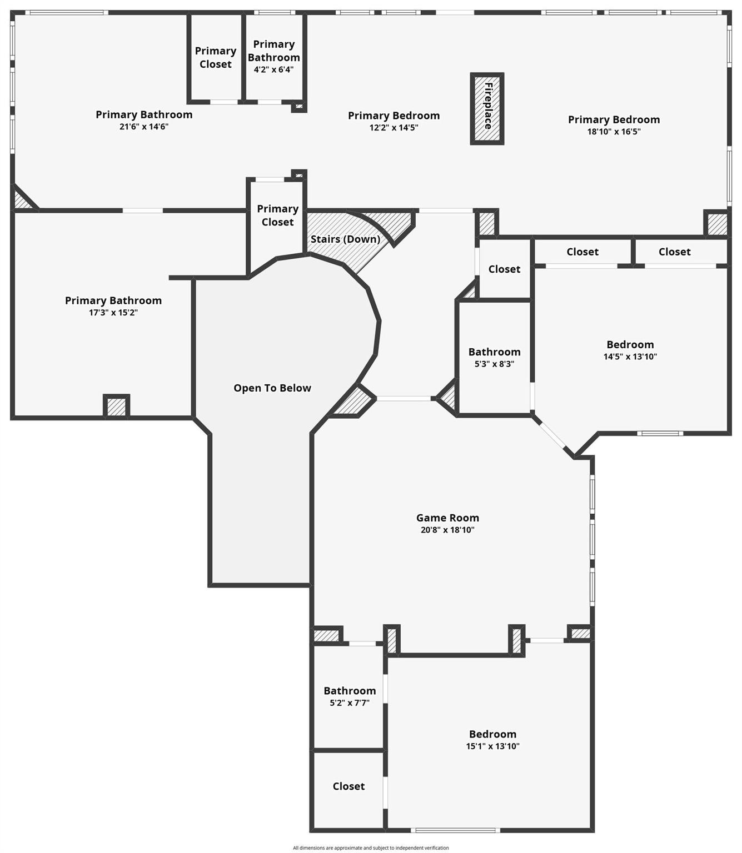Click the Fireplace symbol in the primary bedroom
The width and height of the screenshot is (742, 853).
487,108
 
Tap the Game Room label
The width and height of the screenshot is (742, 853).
447,518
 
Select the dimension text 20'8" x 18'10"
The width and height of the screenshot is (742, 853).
447,530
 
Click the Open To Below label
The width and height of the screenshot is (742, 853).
272,388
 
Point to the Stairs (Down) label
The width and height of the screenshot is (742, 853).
345,239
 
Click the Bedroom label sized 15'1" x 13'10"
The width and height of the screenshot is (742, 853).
492,734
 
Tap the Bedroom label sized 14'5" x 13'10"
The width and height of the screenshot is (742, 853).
630,344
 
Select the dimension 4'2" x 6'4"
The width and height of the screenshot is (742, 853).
273,69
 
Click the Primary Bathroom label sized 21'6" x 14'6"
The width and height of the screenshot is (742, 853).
144,114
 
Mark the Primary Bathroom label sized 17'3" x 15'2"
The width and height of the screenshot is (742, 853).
113,300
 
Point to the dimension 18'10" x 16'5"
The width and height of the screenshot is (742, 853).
614,132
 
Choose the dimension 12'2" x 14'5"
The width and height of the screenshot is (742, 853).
394,127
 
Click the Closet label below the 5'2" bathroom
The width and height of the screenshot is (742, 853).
348,786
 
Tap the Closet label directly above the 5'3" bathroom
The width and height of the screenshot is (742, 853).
504,269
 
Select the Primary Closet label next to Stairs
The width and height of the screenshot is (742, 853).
277,215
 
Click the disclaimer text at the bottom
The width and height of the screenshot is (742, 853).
371,847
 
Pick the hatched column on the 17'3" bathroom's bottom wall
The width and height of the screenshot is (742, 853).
116,407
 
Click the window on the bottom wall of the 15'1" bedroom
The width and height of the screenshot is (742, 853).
455,830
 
